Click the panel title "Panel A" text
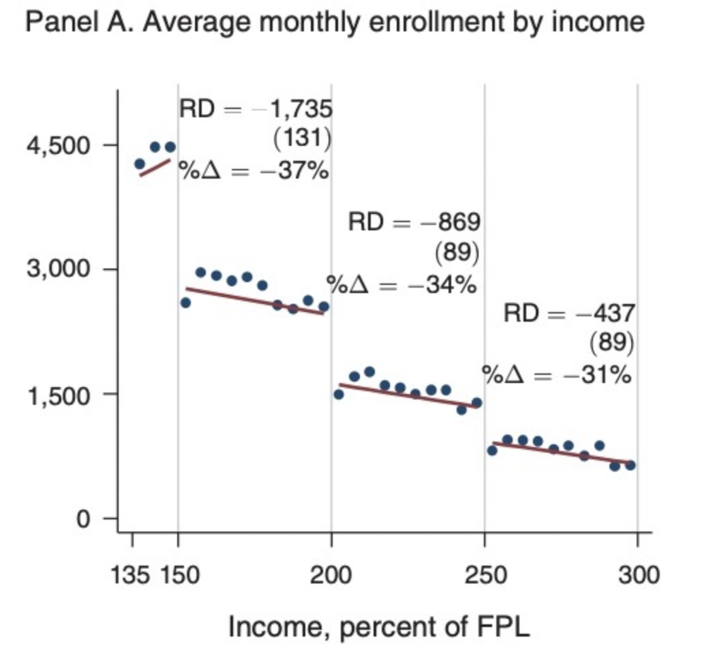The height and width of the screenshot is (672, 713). click(334, 23)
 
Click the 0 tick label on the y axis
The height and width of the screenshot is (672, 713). click(82, 519)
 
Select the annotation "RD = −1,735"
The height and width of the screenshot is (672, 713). click(256, 109)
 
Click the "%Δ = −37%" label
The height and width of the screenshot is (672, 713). click(254, 170)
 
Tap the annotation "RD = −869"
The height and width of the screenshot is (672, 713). click(414, 222)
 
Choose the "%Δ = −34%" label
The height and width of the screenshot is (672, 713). click(401, 284)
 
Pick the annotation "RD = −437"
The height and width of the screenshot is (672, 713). click(569, 314)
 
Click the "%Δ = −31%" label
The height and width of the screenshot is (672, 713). click(556, 375)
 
